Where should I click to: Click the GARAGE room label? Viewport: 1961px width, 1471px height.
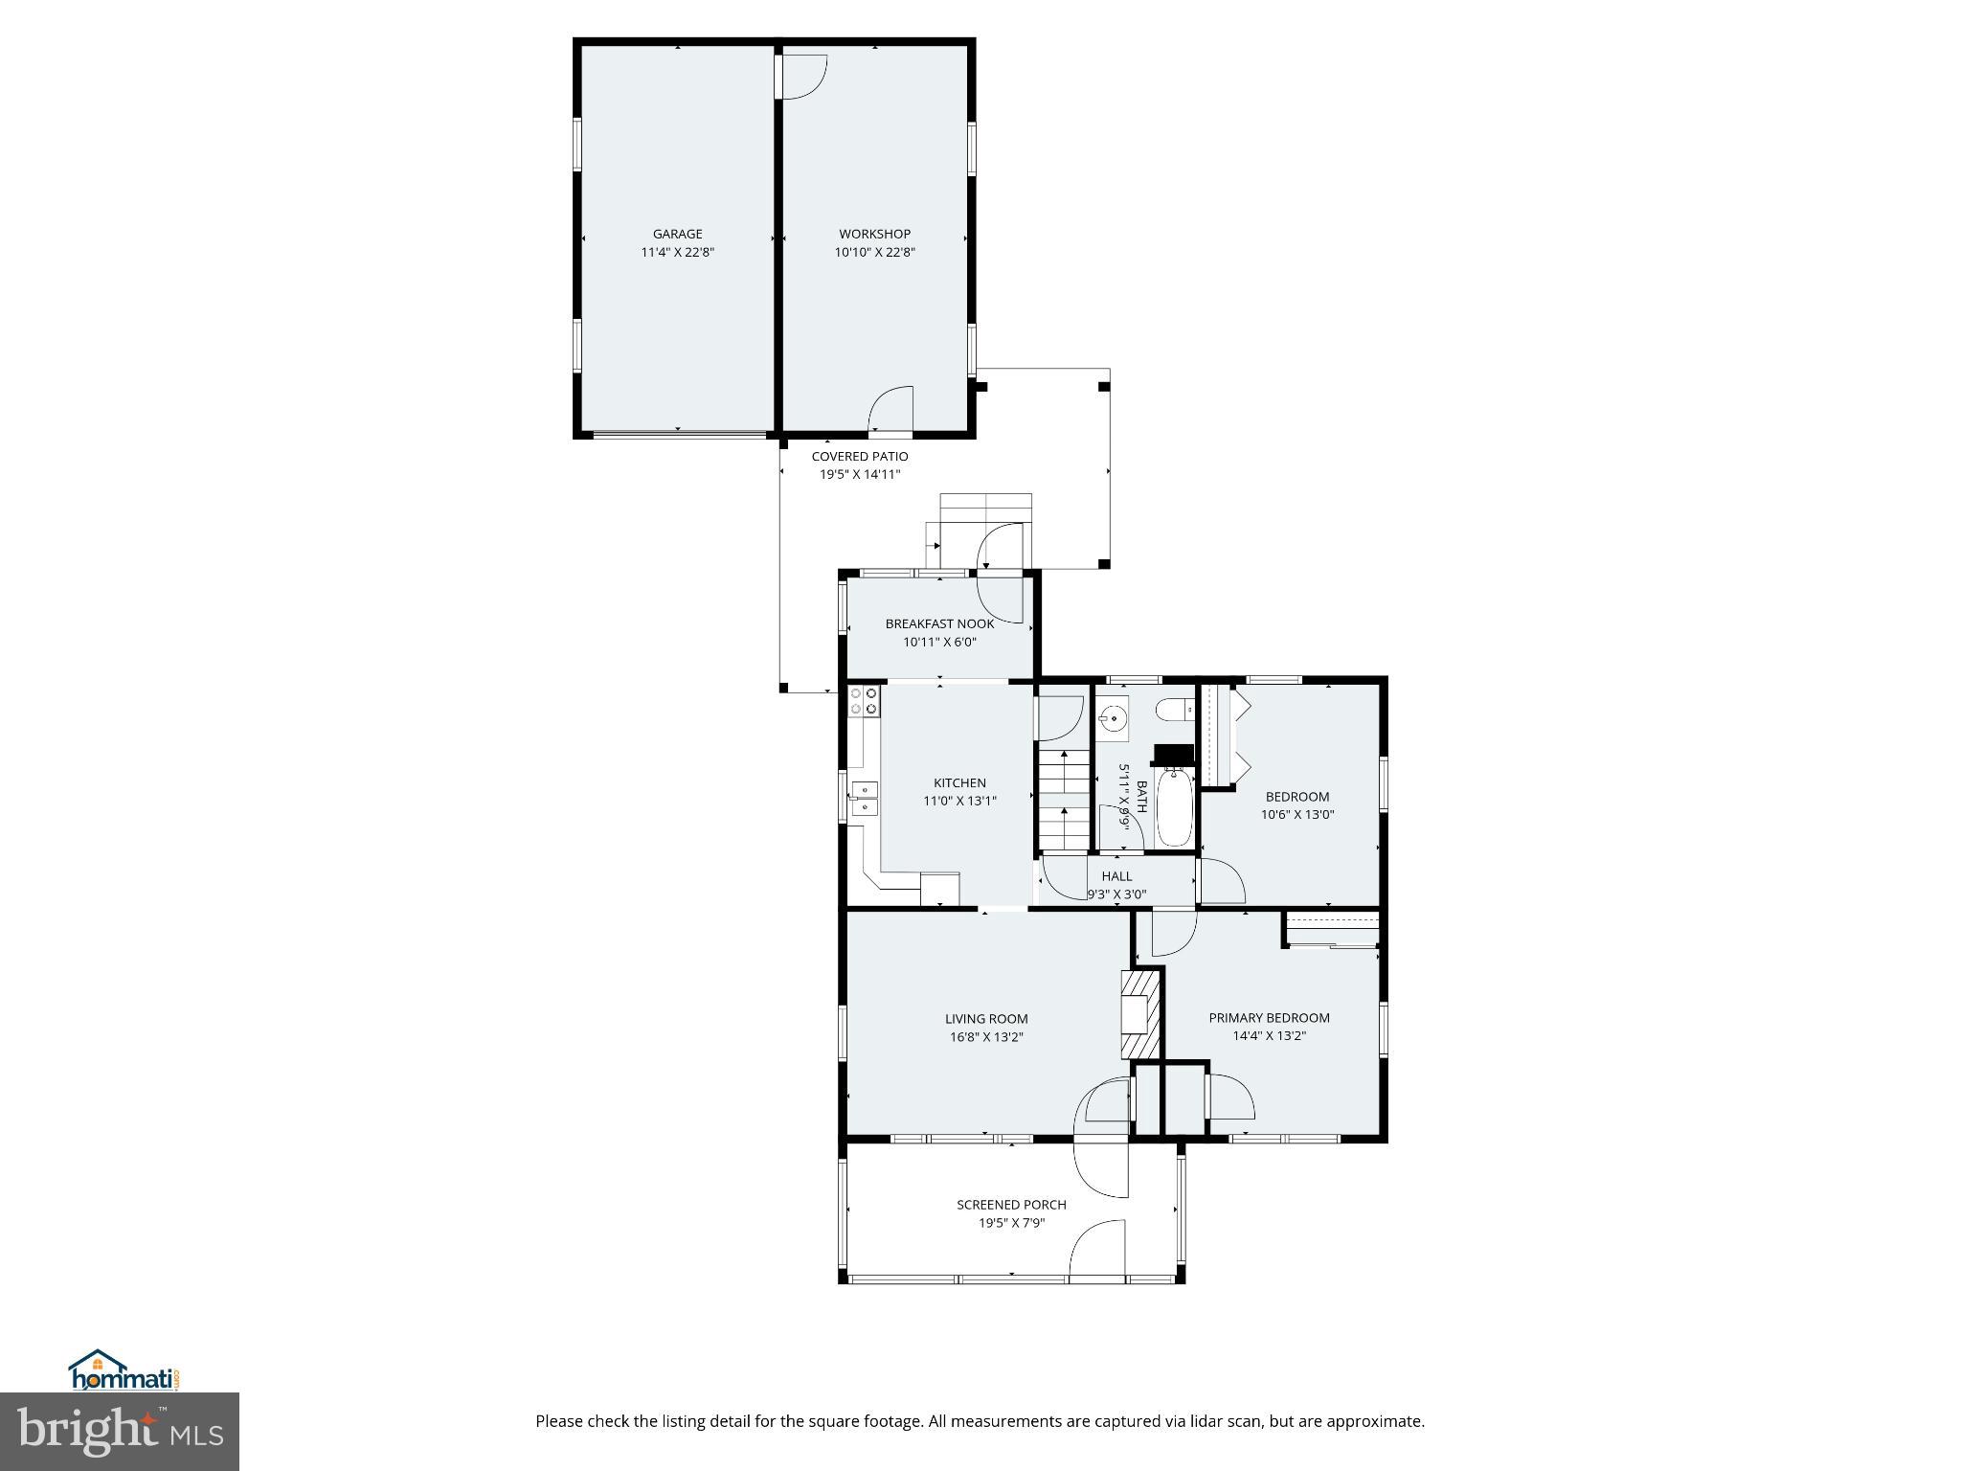(677, 234)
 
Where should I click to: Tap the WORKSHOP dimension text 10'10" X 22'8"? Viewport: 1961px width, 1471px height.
(874, 253)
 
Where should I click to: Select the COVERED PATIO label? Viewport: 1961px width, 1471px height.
(859, 457)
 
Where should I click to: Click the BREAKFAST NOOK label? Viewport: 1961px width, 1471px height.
(939, 623)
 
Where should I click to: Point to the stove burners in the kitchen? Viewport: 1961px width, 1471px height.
(865, 701)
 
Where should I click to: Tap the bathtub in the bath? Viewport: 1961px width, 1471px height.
(1175, 810)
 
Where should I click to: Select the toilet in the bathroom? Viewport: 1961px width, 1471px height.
(1174, 710)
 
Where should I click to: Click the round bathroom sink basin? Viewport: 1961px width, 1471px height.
(1113, 718)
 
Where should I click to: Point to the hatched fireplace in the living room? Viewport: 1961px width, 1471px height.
(1141, 1013)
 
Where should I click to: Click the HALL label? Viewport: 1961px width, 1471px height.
(1116, 876)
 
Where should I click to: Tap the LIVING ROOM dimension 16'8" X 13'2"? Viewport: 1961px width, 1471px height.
(986, 1037)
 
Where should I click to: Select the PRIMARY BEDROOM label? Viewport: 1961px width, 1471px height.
(1269, 1018)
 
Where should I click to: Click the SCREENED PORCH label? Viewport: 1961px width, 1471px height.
(1011, 1205)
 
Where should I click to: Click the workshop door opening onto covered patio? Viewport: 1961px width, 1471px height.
(890, 412)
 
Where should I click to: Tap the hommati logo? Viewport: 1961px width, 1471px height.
(124, 1371)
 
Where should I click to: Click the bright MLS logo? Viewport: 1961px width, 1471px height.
(120, 1430)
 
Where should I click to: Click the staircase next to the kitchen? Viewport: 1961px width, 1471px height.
(1064, 799)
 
